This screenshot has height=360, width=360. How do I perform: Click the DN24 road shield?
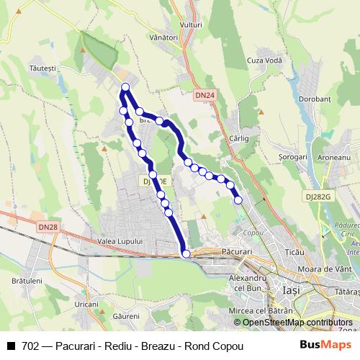pos(204,95)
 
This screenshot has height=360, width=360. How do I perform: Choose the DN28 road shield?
pos(49,227)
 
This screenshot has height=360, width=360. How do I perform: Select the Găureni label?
pos(126,316)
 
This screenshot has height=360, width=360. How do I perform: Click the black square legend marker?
pos(11,346)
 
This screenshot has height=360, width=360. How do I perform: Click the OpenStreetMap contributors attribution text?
pos(297,323)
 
